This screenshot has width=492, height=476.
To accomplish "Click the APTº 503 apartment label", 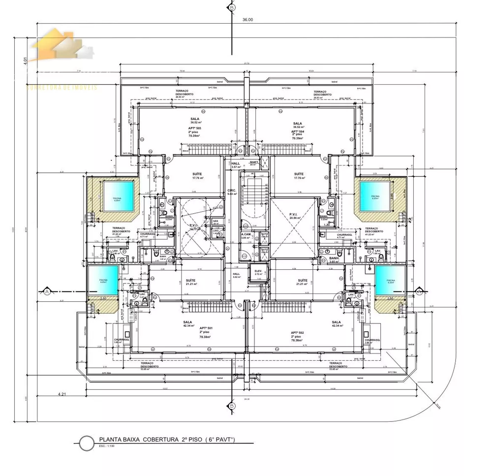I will (195, 128).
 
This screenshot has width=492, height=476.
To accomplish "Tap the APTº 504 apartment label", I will (297, 131).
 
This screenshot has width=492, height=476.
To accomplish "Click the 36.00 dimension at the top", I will (247, 20).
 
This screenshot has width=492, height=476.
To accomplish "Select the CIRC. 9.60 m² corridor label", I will (232, 192).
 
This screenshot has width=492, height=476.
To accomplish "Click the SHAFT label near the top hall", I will (254, 162).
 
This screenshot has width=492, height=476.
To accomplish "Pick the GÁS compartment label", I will (215, 221).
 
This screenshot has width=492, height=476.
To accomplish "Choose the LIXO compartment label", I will (215, 230).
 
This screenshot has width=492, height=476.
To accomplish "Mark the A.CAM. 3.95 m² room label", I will (246, 236).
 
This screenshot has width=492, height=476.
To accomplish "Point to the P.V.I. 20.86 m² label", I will (295, 216).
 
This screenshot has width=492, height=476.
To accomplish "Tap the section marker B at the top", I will (232, 7).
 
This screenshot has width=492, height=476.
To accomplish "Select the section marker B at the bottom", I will (232, 406).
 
